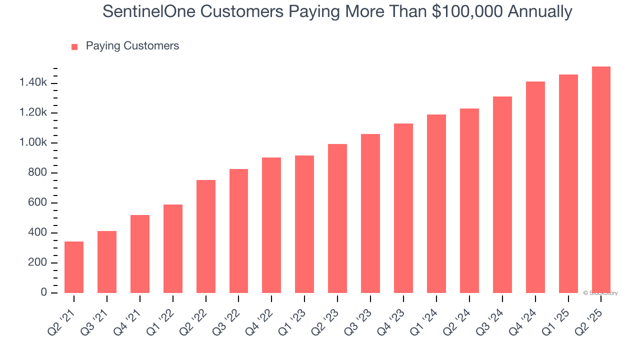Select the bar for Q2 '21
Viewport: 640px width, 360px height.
pos(74,267)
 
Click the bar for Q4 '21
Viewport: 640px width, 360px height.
pos(140,254)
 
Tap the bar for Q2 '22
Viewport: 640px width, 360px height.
pos(206,236)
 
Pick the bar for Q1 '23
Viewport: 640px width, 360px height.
pos(304,224)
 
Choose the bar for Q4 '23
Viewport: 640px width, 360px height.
pos(403,208)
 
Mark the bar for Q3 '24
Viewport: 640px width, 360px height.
pos(502,194)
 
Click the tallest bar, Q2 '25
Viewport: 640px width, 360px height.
pos(601,179)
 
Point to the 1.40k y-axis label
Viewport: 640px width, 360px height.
pos(33,83)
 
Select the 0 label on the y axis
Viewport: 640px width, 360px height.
pos(44,292)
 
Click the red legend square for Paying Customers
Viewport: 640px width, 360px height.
pos(74,46)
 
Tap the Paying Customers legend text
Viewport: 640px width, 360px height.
pos(132,46)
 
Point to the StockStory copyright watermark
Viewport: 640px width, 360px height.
pos(600,293)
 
